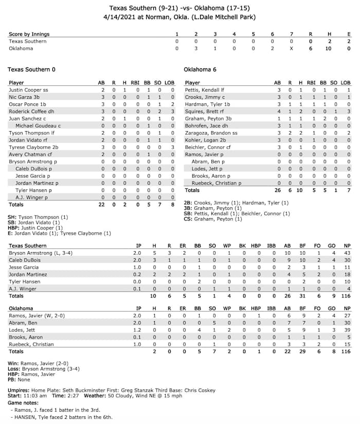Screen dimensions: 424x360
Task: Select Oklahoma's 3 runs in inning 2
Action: click(x=195, y=48)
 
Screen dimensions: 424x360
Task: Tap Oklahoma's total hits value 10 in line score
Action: click(x=329, y=48)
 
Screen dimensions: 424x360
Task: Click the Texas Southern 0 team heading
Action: click(x=32, y=69)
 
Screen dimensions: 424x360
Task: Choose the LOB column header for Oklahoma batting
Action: click(x=346, y=82)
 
